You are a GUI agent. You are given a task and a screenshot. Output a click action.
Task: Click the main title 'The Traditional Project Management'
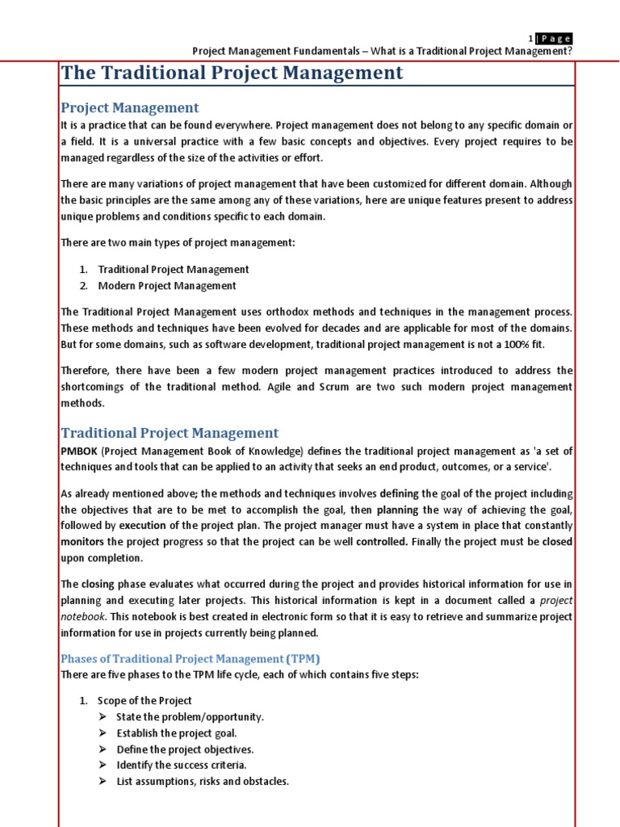point(232,73)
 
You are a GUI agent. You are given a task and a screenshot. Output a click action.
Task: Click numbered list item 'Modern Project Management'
point(167,286)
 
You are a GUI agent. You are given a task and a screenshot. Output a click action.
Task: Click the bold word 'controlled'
point(381,541)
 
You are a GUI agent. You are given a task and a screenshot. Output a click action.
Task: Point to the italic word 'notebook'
point(82,616)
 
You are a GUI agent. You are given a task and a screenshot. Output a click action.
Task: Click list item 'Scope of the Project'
point(145,700)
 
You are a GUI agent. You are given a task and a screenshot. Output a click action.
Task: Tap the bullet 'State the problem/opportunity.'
point(190,716)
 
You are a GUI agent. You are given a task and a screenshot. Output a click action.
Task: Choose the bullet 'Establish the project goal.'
point(176,733)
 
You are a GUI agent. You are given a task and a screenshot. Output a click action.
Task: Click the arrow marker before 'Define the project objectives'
point(103,749)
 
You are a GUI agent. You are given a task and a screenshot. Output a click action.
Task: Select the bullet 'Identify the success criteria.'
point(182,765)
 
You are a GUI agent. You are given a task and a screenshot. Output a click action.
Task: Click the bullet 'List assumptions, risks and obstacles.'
point(202,781)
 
